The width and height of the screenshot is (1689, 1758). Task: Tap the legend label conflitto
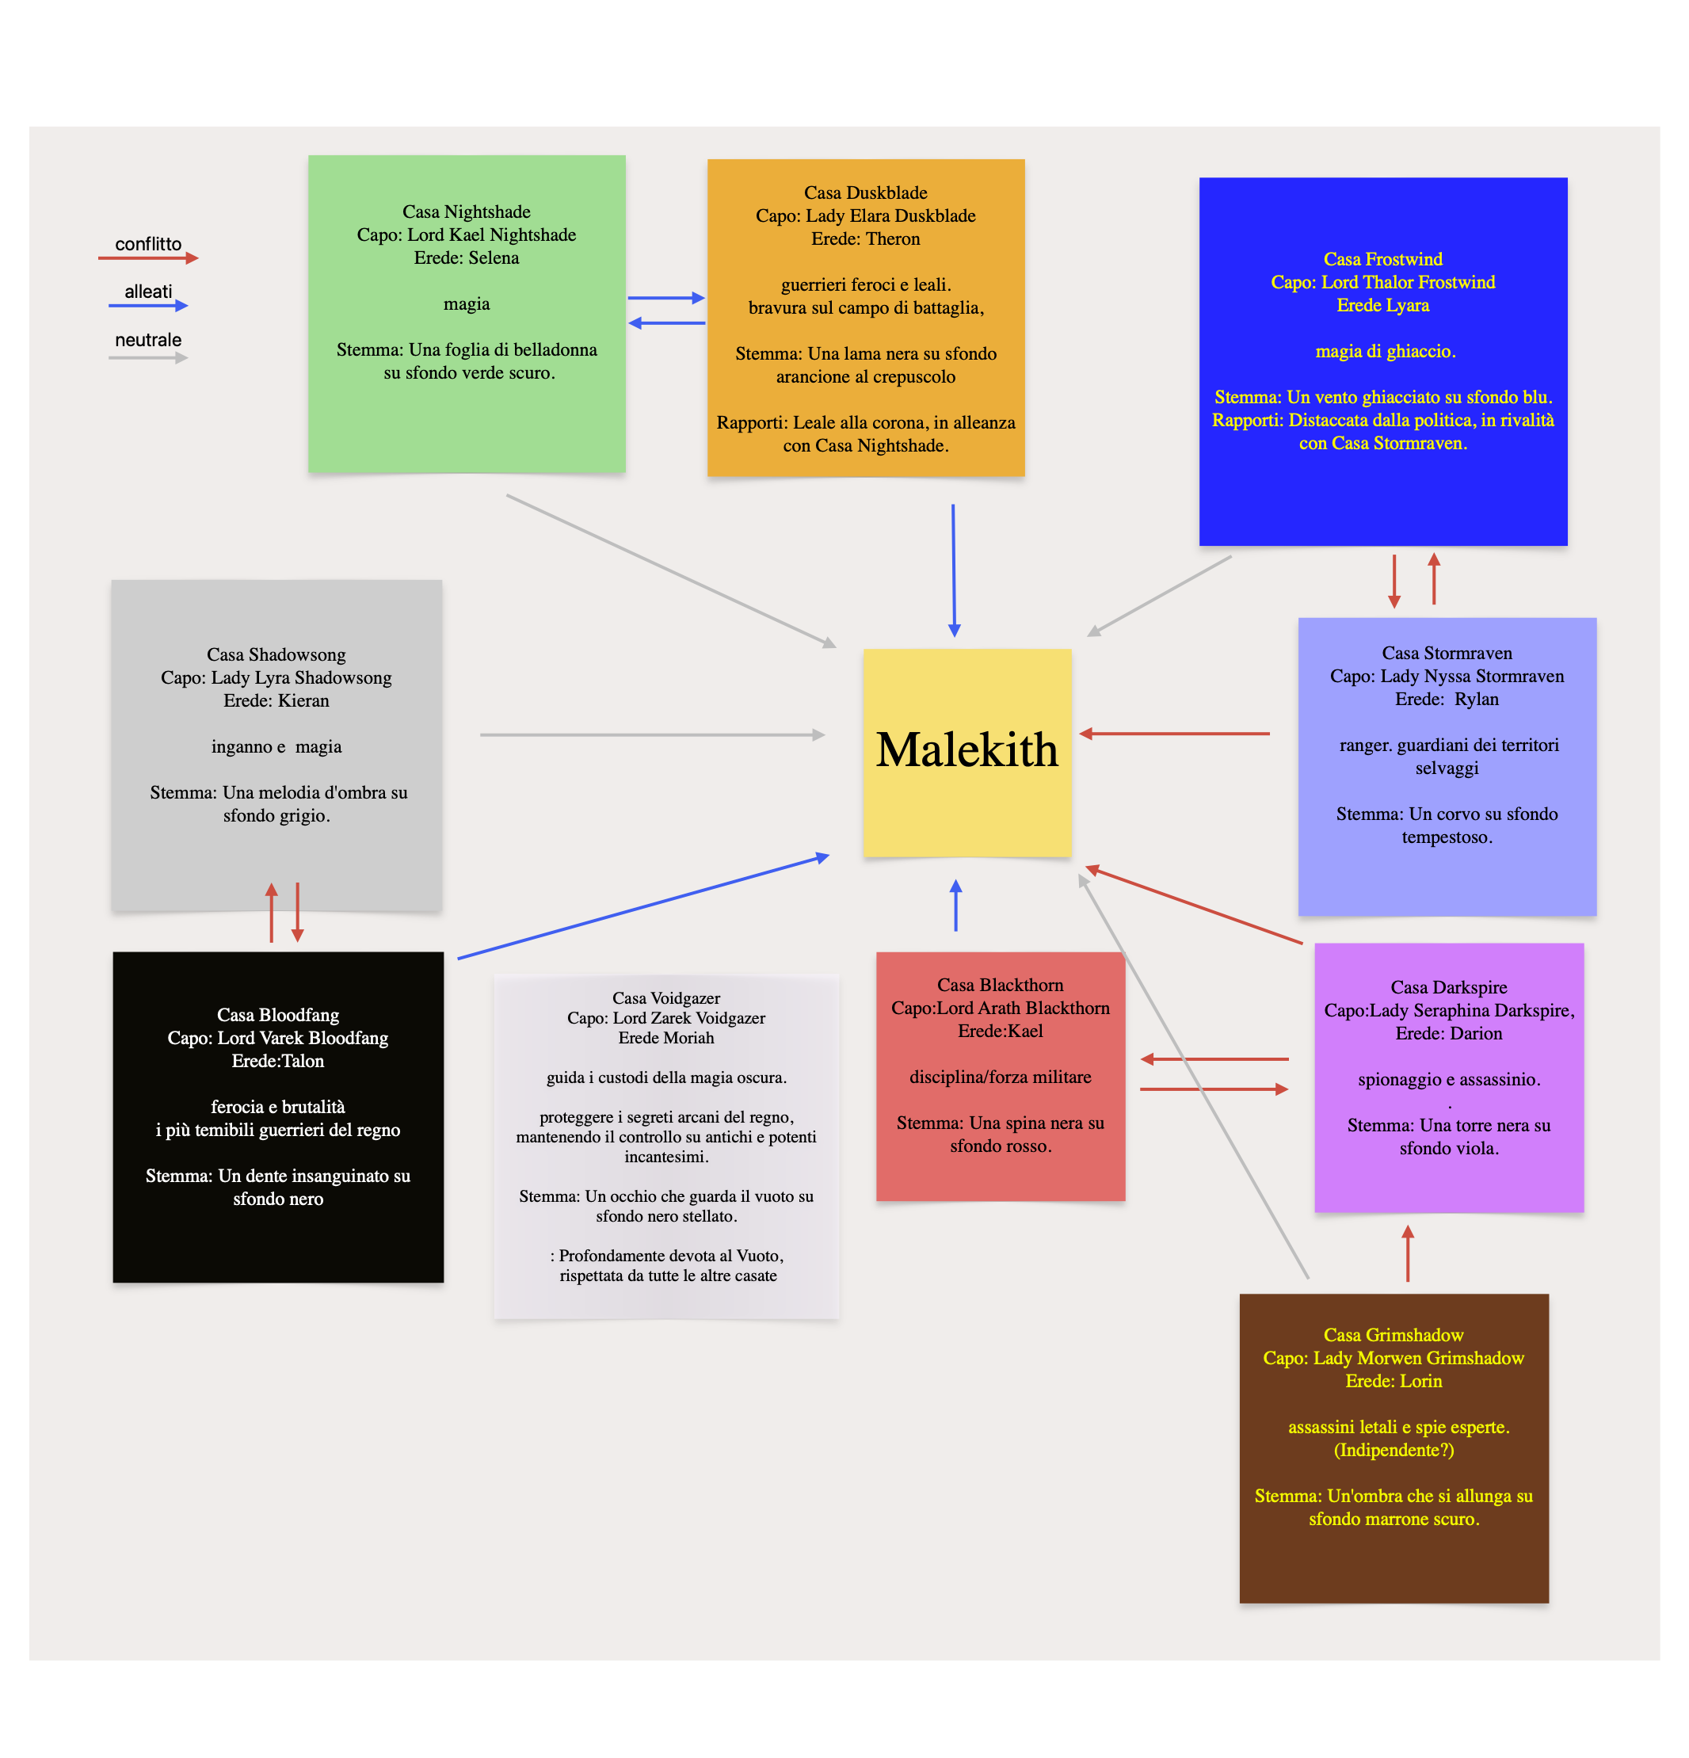click(x=148, y=244)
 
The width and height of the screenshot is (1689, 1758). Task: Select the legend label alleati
click(x=148, y=292)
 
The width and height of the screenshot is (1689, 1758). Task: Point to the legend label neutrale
click(x=148, y=340)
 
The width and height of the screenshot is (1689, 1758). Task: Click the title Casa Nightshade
click(x=466, y=212)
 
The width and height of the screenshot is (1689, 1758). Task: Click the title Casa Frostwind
click(x=1382, y=259)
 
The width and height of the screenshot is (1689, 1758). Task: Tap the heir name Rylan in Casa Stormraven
click(x=1476, y=699)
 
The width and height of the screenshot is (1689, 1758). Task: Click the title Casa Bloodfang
click(x=278, y=1014)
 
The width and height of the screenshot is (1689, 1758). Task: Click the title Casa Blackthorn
click(x=1000, y=985)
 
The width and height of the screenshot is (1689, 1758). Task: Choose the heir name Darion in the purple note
click(x=1474, y=1033)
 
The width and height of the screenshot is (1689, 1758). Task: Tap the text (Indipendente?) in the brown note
click(x=1393, y=1450)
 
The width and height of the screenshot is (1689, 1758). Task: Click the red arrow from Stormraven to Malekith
click(x=1175, y=734)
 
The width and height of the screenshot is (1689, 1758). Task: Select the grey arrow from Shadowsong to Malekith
click(x=652, y=734)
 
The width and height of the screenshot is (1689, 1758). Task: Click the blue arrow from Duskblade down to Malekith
click(x=954, y=570)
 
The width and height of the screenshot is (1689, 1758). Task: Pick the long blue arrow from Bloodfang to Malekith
click(x=642, y=908)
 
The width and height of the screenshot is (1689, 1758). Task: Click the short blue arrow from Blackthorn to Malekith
click(x=955, y=906)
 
